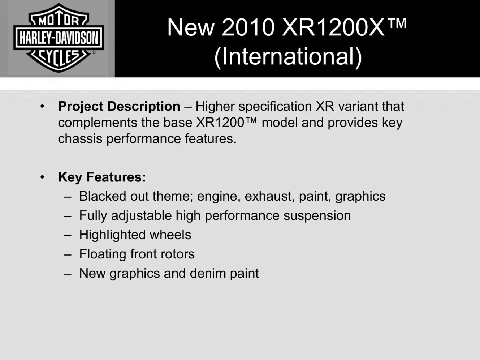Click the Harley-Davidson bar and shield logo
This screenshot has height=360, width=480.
click(x=59, y=38)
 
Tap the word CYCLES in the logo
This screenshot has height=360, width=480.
click(x=59, y=57)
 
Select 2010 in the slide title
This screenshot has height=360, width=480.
click(x=248, y=27)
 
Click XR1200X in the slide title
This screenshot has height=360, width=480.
click(x=333, y=27)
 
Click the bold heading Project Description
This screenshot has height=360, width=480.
click(x=119, y=107)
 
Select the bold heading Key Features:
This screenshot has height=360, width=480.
click(x=102, y=177)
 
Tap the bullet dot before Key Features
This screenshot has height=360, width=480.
click(x=42, y=177)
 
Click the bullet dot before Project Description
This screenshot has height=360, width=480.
click(x=42, y=107)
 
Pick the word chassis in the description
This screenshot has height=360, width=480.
click(x=80, y=139)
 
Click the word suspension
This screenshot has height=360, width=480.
click(x=317, y=215)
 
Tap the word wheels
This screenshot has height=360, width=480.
click(x=170, y=235)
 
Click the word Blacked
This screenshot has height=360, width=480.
click(x=103, y=196)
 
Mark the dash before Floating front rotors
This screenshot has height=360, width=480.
click(x=68, y=255)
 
